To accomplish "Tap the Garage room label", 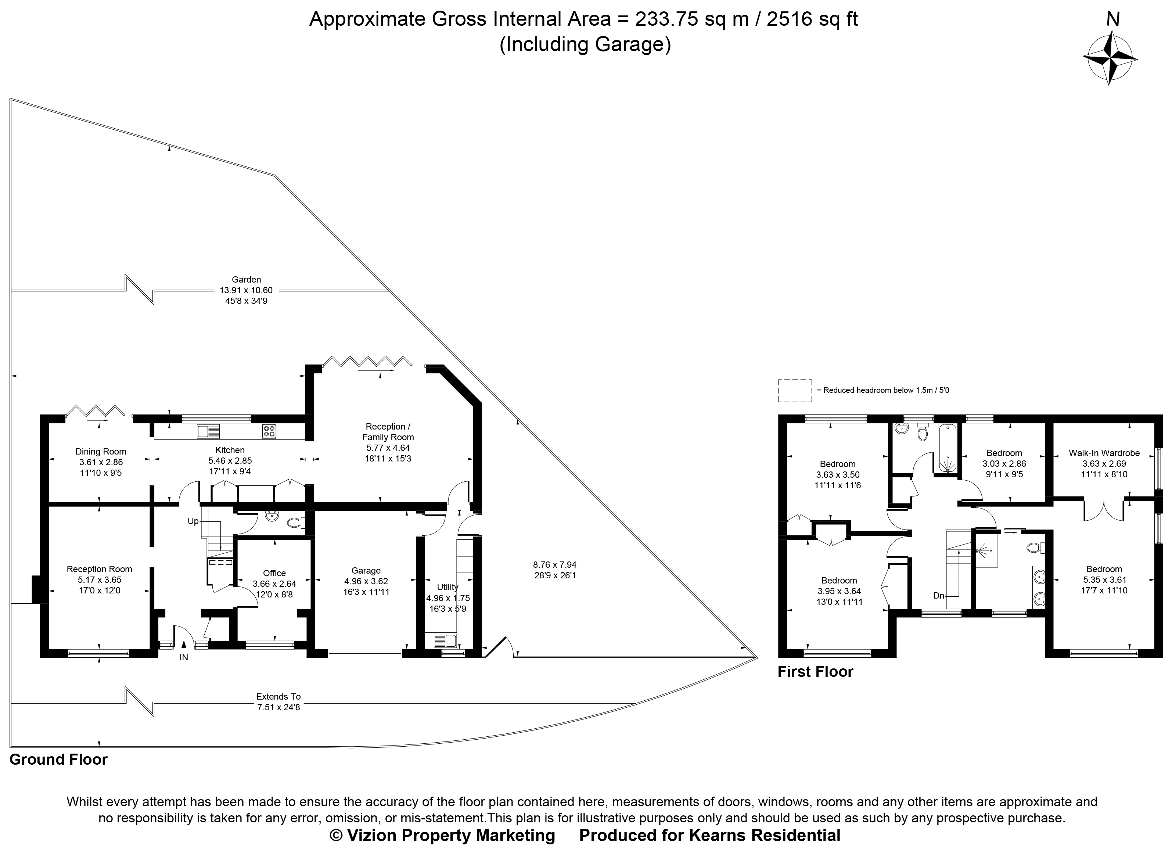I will coord(366,570).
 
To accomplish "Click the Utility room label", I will coord(447,587).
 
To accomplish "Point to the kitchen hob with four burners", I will coord(269,431).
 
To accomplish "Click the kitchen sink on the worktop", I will coord(208,431).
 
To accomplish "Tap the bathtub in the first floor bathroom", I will coord(947,448).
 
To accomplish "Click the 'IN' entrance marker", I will coord(184,658).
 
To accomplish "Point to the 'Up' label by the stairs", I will coord(193,521).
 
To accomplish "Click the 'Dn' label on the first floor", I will coord(939,596).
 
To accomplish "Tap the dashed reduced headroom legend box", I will coord(795,391).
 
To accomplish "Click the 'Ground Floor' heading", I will coord(58,760).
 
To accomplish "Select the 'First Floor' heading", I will coord(815,672).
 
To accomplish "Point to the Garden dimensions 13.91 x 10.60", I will coord(246,290).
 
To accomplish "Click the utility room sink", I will coord(445,641).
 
